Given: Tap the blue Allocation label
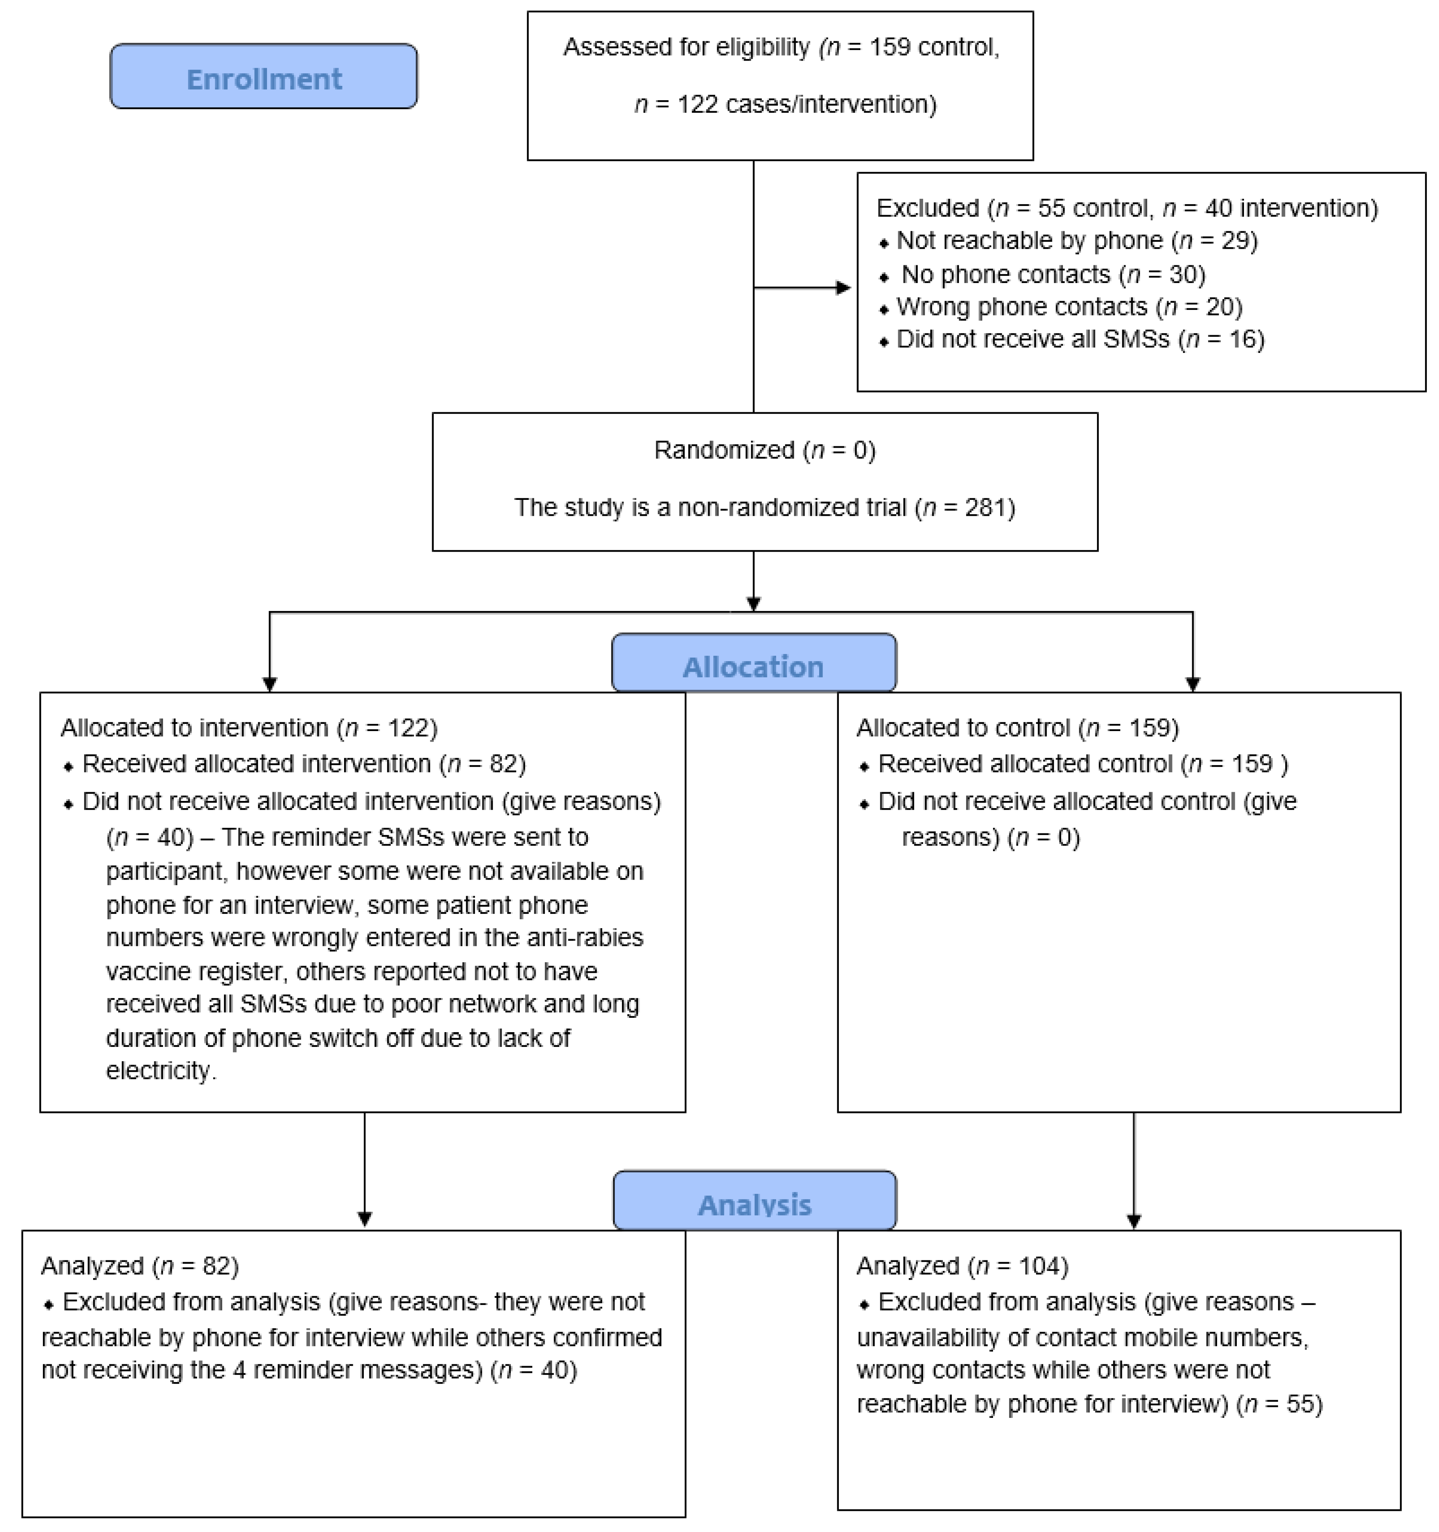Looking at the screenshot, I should coord(753,666).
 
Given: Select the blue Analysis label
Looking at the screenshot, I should coord(755,1204).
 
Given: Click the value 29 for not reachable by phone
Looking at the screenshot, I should coord(1233,240).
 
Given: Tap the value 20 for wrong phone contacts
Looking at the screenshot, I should coord(1219,307).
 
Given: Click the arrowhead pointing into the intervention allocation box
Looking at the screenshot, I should coord(270,683).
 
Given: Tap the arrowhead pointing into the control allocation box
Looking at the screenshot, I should coord(1192,683).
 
